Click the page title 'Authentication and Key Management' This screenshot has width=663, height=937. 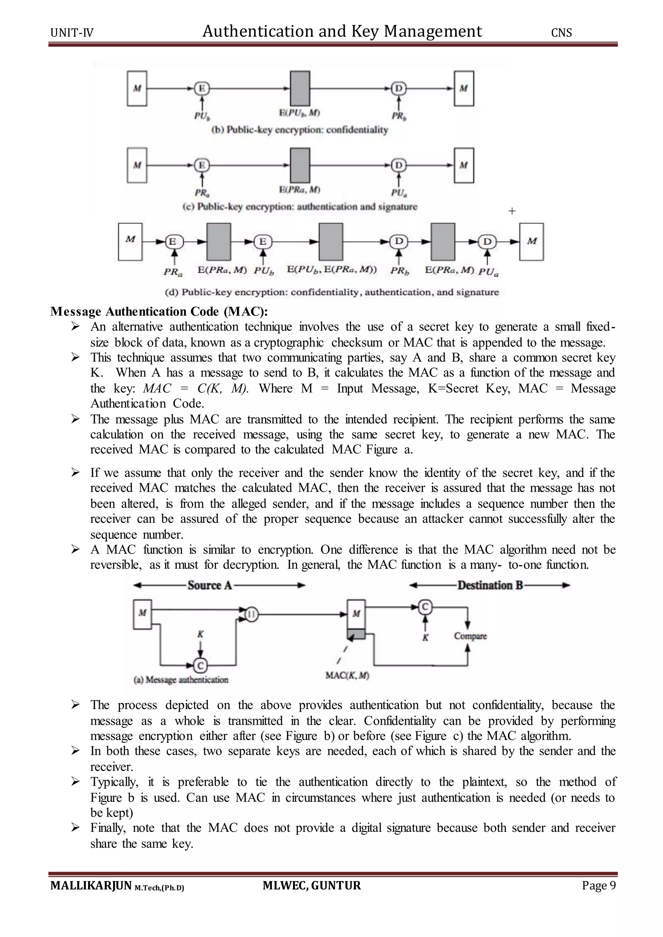pos(342,31)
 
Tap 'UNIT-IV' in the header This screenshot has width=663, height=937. pos(72,33)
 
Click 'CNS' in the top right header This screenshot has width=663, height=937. pos(561,33)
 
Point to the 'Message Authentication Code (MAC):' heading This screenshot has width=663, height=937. pos(159,312)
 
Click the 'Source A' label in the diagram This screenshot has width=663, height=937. pos(209,586)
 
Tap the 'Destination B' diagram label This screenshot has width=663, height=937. pos(490,586)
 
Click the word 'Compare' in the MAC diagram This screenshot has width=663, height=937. pos(470,636)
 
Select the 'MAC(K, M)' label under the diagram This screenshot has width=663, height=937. pos(347,675)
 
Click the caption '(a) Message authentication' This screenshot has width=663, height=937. pos(181,679)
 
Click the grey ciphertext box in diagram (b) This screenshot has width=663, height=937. pos(300,89)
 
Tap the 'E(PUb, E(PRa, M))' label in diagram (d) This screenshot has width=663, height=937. pos(332,270)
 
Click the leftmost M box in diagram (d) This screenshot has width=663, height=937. pos(130,242)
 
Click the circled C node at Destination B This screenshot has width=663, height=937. pos(425,607)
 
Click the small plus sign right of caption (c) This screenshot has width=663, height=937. pos(512,211)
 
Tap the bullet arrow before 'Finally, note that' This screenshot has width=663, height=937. pos(75,828)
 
